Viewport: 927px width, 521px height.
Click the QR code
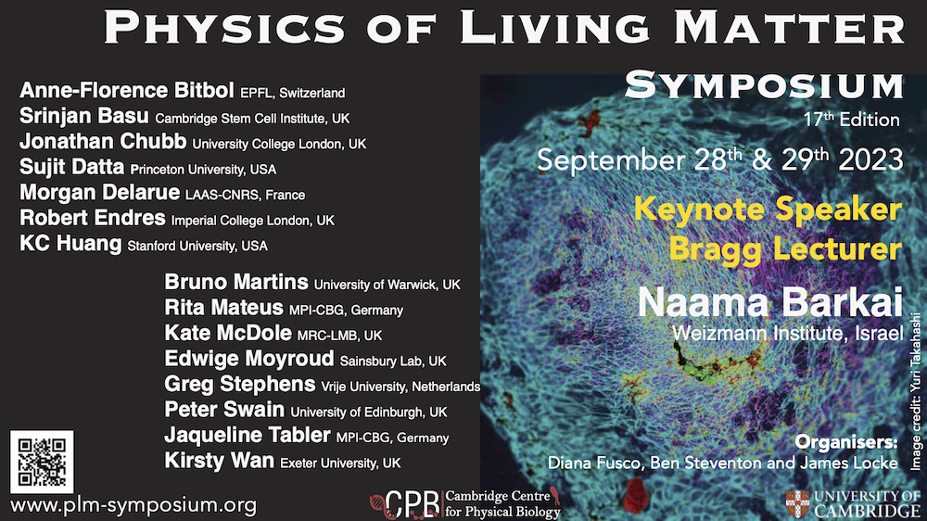tap(42, 462)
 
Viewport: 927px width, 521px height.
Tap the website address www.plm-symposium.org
tap(133, 505)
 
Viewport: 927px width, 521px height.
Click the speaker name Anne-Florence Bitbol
tap(126, 91)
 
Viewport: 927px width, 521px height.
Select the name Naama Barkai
tap(769, 302)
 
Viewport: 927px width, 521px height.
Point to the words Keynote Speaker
tap(768, 210)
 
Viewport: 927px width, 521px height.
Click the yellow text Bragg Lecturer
tap(786, 249)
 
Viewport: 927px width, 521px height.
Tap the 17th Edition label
tap(851, 120)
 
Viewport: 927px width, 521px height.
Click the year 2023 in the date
tap(870, 160)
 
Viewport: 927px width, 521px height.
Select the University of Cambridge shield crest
tap(797, 504)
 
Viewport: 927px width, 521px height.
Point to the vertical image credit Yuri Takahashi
tap(915, 391)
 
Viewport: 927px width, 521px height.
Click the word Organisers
tap(846, 442)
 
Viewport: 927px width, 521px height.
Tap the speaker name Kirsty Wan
tap(220, 461)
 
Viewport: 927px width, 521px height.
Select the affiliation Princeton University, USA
tap(203, 170)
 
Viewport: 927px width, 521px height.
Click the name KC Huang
tap(70, 244)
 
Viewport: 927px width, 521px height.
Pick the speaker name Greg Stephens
tap(239, 385)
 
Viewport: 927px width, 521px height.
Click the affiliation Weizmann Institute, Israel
tap(787, 333)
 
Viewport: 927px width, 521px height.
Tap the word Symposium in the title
tap(765, 85)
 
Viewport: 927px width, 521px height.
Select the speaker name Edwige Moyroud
tap(248, 359)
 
